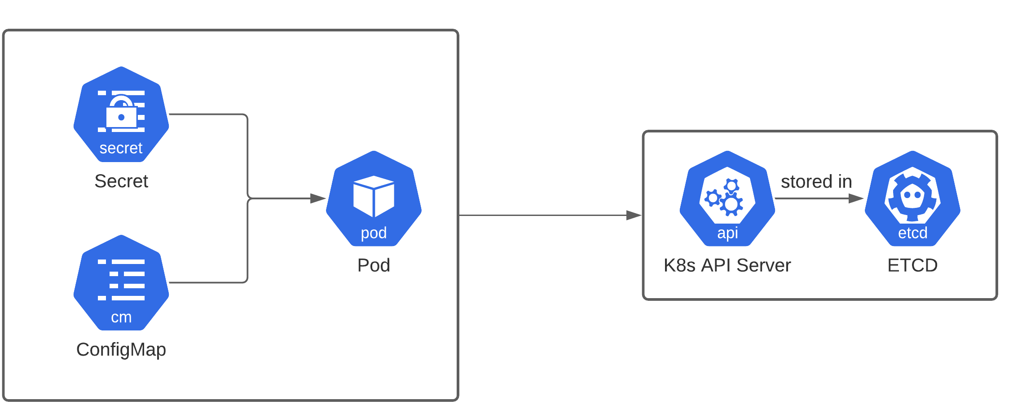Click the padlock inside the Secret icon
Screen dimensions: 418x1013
pyautogui.click(x=121, y=115)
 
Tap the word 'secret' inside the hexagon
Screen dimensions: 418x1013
pyautogui.click(x=121, y=148)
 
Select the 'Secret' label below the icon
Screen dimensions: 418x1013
pyautogui.click(x=121, y=181)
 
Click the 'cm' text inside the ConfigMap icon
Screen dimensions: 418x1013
pyautogui.click(x=121, y=317)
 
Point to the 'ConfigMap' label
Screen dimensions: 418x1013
pyautogui.click(x=121, y=349)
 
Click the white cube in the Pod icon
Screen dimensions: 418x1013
pyautogui.click(x=374, y=196)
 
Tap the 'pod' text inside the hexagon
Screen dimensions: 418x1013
pyautogui.click(x=374, y=233)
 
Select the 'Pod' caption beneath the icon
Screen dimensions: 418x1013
pyautogui.click(x=374, y=265)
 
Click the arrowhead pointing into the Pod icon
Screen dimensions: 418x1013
pyautogui.click(x=318, y=198)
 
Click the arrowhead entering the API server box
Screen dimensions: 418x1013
pyautogui.click(x=634, y=216)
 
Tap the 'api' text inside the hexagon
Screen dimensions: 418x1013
pyautogui.click(x=727, y=233)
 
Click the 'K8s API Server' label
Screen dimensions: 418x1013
pyautogui.click(x=727, y=265)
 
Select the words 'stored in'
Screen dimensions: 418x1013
pyautogui.click(x=816, y=181)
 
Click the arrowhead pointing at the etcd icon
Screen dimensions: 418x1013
pyautogui.click(x=856, y=198)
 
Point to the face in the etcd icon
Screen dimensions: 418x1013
pyautogui.click(x=912, y=196)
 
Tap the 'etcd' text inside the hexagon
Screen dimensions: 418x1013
pyautogui.click(x=912, y=233)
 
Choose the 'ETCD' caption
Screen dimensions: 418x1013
pyautogui.click(x=912, y=265)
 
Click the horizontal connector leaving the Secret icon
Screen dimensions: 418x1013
pyautogui.click(x=207, y=114)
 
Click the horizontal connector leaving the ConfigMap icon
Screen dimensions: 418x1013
pyautogui.click(x=207, y=283)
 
